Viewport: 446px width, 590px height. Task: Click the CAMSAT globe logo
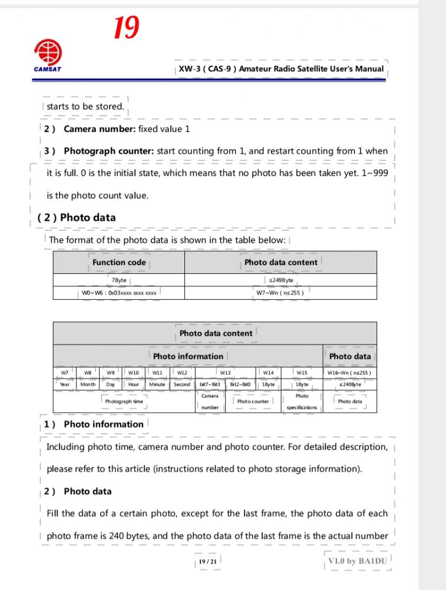coord(47,52)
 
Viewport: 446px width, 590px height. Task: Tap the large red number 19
coord(126,27)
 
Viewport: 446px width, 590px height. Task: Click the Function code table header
coord(118,262)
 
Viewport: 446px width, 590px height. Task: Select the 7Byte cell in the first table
coord(118,280)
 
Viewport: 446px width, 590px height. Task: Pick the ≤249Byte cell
coord(280,280)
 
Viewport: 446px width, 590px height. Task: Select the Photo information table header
coord(188,356)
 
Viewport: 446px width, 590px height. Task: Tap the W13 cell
coord(225,372)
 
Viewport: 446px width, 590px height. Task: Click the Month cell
coord(88,385)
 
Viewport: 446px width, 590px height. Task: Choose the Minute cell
coord(157,385)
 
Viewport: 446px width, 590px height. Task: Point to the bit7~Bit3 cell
coord(210,385)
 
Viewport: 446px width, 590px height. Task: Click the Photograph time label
coord(124,402)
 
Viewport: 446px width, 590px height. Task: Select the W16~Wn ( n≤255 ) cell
coord(349,372)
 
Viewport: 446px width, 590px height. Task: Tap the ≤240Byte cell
coord(349,385)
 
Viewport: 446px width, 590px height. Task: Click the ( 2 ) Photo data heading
coord(77,217)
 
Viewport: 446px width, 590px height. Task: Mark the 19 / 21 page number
coord(207,562)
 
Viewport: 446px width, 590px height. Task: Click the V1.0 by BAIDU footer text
coord(358,561)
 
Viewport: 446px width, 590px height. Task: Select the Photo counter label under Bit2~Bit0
coord(253,402)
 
